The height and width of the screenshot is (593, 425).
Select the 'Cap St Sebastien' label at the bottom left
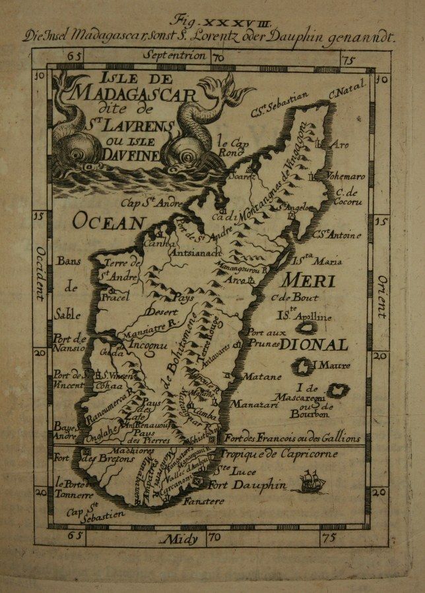(x=85, y=514)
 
